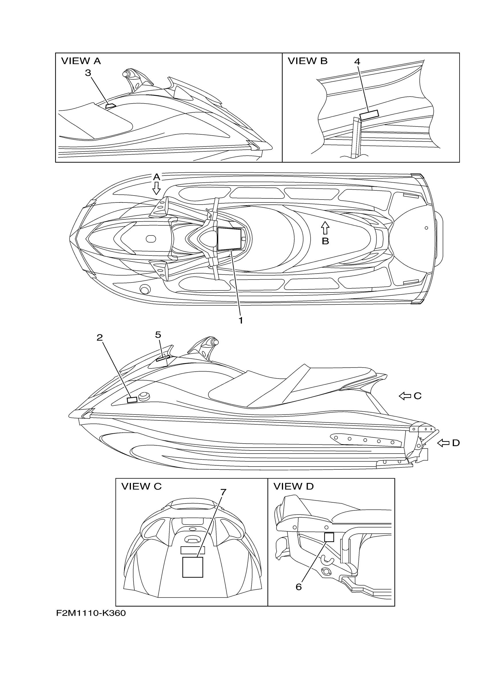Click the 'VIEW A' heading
(81, 61)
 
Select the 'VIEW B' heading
(307, 61)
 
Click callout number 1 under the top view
(241, 320)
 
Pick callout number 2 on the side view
(100, 338)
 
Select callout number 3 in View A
(88, 73)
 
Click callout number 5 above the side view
(158, 335)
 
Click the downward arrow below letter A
(156, 188)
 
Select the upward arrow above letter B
(325, 228)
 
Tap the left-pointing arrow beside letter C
(404, 396)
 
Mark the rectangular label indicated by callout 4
(369, 115)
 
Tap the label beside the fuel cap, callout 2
(132, 400)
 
